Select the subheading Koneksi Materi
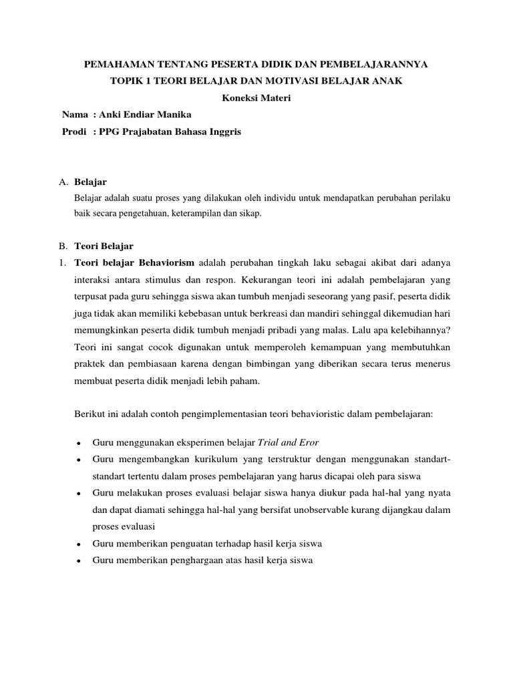pyautogui.click(x=256, y=98)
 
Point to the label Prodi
pyautogui.click(x=74, y=132)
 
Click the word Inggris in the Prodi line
pyautogui.click(x=224, y=132)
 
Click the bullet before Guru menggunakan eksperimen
pyautogui.click(x=79, y=444)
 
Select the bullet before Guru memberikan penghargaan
pyautogui.click(x=79, y=560)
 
